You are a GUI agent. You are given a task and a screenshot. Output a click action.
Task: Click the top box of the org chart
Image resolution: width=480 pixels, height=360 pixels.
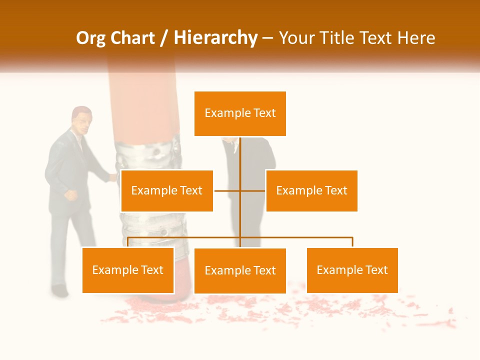point(240,113)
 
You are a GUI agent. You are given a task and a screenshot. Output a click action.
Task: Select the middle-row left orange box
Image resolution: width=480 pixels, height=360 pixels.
point(167,190)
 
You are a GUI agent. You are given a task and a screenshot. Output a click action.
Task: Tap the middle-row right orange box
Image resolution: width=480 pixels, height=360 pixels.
point(311,190)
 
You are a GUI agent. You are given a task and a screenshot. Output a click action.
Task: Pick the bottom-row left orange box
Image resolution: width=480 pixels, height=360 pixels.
point(128,270)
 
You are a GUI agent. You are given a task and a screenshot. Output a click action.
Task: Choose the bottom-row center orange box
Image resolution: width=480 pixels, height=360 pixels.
point(240,270)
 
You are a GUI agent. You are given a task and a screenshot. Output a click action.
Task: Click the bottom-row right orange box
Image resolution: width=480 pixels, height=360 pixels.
point(352,270)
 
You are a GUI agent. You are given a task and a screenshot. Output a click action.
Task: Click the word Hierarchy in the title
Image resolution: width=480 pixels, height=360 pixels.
point(215,38)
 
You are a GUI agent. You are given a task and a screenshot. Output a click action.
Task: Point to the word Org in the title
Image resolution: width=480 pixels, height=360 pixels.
point(90,38)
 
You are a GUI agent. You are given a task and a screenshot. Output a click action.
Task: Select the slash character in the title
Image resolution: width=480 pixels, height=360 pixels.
point(164,38)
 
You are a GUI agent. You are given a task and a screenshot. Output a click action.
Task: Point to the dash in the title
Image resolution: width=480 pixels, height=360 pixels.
point(267,38)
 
